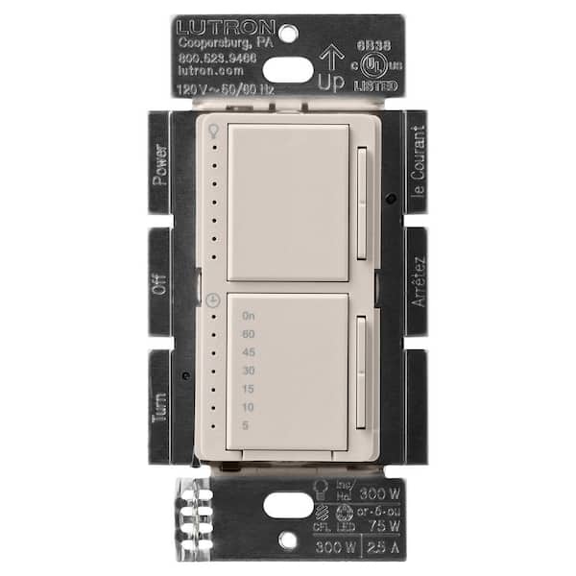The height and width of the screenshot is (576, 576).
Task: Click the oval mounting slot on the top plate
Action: click(x=287, y=69)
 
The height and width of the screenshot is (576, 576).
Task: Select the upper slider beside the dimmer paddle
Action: click(x=362, y=202)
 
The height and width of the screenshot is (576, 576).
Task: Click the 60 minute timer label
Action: click(x=249, y=334)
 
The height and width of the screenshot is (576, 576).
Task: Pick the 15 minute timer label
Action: click(x=249, y=389)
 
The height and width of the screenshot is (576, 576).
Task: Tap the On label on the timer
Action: click(x=249, y=316)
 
